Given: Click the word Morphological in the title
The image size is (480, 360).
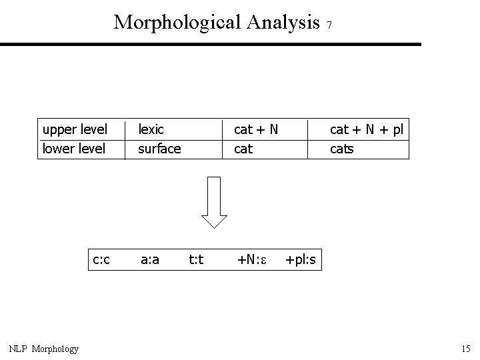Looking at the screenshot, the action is (177, 22).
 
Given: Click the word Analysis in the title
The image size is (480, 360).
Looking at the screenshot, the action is (283, 22).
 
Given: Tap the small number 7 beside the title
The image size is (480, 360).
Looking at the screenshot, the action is (329, 25).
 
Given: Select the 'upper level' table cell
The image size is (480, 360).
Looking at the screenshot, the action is (75, 129).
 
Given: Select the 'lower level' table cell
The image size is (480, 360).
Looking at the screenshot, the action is (74, 149).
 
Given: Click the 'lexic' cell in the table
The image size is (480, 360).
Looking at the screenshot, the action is (151, 129).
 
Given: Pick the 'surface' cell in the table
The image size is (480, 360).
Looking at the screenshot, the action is (159, 149).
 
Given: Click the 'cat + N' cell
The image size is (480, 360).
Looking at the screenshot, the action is (255, 129).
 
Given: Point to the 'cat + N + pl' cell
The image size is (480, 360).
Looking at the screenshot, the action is (367, 129).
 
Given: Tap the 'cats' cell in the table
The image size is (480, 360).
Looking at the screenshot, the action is (342, 149).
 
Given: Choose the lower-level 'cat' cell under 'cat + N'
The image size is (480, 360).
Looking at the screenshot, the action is (243, 149).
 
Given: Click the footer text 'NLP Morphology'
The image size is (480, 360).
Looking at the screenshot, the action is (44, 349).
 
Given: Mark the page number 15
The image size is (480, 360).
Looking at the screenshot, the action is (465, 349).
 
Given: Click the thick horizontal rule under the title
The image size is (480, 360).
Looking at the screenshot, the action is (211, 45).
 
